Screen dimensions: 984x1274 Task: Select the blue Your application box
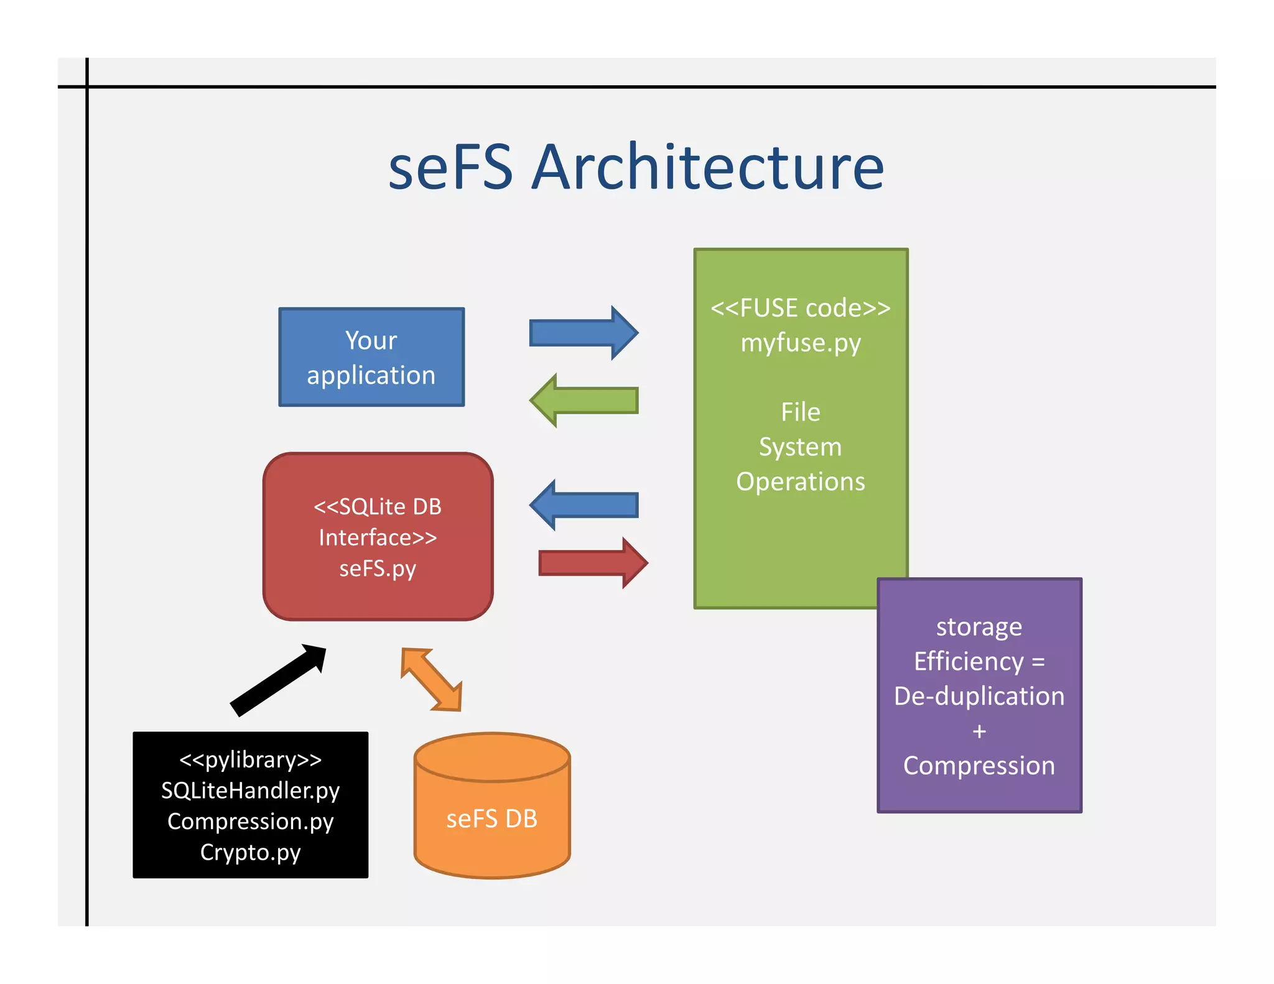tap(371, 357)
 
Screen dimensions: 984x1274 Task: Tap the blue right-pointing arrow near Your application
tap(583, 333)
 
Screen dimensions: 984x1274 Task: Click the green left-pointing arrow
tap(584, 401)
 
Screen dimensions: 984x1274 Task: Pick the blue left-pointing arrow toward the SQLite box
tap(584, 505)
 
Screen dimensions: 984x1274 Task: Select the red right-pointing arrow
tap(593, 563)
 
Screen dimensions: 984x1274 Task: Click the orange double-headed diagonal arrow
tap(431, 679)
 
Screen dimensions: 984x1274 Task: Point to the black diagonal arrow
tap(278, 680)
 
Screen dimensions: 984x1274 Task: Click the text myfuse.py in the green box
tap(801, 343)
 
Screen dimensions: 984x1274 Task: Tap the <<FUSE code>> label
tap(801, 308)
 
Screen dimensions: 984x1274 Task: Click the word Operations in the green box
tap(801, 481)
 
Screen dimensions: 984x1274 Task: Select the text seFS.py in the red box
tap(378, 568)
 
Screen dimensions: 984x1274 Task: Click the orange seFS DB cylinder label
tap(491, 819)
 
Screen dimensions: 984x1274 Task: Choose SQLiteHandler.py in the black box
tap(250, 791)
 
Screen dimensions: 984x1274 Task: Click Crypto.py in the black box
tap(250, 852)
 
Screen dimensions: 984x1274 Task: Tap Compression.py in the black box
tap(250, 821)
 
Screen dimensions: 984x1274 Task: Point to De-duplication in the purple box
tap(979, 696)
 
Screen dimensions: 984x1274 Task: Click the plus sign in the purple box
tap(979, 731)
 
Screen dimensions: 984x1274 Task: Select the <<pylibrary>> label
tap(250, 759)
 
